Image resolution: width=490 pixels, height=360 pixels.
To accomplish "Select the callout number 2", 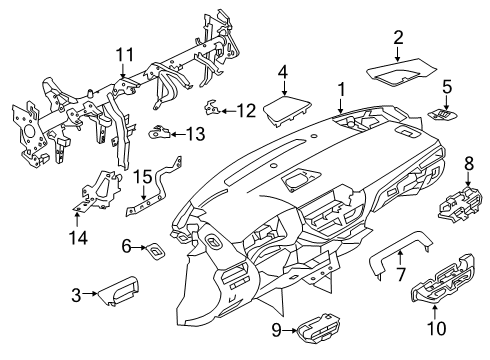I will (397, 38).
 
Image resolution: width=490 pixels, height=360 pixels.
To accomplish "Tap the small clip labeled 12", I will (212, 107).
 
